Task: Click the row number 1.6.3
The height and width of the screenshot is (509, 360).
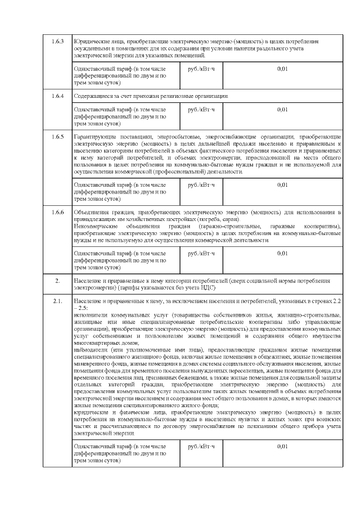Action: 58,42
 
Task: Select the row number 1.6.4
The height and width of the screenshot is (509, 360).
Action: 58,96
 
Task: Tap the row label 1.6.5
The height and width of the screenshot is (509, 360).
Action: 58,137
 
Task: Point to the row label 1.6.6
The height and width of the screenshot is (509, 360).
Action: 58,211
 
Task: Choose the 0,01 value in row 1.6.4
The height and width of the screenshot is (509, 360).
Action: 282,110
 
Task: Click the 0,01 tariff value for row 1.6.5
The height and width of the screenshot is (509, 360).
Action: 282,184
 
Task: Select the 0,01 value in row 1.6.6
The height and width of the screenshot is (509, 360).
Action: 282,253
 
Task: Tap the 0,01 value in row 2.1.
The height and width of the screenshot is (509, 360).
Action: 282,446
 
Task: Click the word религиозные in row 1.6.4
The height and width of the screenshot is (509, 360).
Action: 183,96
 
